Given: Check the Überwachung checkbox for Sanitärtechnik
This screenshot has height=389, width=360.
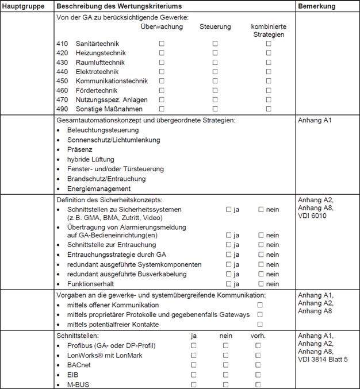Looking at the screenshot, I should point(162,44).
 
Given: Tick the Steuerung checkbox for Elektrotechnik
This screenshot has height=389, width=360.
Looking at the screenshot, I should point(215,72).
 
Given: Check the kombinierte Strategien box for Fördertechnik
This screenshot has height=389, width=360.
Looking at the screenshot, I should point(269,90).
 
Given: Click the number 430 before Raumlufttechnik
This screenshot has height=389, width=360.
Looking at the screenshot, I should point(63,62).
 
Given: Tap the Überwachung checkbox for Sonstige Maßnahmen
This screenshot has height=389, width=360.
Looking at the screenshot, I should point(162,109).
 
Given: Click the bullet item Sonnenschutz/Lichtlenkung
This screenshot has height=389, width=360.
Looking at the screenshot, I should point(113,140).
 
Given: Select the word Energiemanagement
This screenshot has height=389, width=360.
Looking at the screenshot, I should point(99,188).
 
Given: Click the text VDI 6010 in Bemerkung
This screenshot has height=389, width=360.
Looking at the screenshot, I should point(312,216).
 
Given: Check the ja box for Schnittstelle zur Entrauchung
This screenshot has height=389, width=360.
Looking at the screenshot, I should point(228,245).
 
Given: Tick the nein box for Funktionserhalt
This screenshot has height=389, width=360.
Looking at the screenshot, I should point(261,284).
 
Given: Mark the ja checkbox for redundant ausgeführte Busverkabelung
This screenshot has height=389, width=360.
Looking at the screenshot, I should point(228,274).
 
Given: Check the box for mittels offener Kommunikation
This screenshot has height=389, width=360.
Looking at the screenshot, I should point(260,305).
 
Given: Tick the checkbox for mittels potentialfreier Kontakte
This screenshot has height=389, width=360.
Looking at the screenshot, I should point(260,324).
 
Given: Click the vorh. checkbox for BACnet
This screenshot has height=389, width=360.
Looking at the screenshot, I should point(258,365).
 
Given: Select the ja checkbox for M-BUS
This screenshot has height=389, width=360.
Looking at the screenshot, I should point(194,384).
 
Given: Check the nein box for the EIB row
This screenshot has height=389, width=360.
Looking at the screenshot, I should point(225,375).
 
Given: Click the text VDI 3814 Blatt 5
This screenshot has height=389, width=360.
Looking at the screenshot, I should point(323,360).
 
